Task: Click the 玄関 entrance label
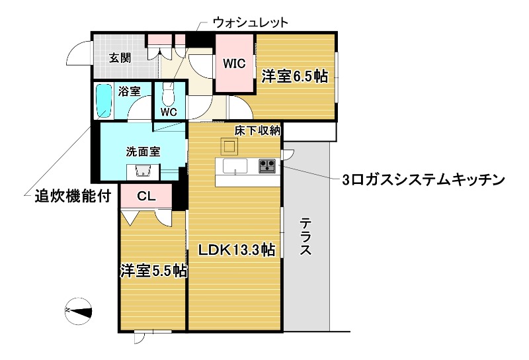120,58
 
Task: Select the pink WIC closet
235,64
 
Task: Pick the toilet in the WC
169,97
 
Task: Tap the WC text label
169,112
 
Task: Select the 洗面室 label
143,151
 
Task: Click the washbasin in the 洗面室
143,171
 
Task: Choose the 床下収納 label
258,131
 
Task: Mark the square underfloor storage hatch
229,147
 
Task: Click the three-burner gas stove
267,165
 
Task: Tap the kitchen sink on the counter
235,166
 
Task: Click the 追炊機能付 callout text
65,196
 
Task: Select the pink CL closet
146,196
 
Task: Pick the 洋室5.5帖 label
153,271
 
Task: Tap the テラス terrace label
305,238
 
